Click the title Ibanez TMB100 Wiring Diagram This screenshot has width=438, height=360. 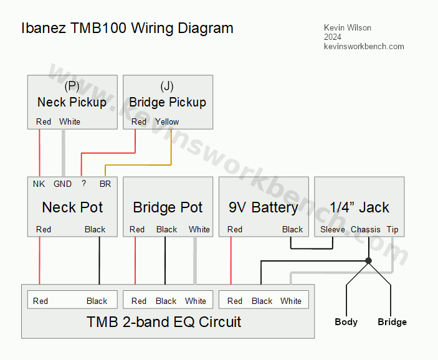tap(127, 28)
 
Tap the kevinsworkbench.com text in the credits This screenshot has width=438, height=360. tap(364, 47)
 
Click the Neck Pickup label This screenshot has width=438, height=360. tap(72, 102)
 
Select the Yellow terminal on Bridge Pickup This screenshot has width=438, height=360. tap(167, 122)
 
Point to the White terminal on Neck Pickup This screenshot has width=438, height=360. tap(70, 122)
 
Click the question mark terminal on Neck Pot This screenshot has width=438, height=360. tap(83, 184)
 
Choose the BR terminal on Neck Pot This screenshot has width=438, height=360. tap(105, 184)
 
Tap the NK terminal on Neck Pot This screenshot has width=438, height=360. tap(39, 184)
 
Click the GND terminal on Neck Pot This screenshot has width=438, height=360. tap(62, 184)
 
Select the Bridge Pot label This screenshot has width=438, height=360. tap(168, 207)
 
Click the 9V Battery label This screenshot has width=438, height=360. tap(263, 207)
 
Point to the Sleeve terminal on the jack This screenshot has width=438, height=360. tap(332, 229)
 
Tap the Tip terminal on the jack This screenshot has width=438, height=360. tap(393, 229)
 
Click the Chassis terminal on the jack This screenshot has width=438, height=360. tap(365, 229)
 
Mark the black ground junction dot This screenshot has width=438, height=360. tap(368, 260)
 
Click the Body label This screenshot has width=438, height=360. tap(346, 322)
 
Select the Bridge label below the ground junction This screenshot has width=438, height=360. tap(392, 322)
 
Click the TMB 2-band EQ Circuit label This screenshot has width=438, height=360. tap(164, 322)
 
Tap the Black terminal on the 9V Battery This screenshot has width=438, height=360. tap(292, 229)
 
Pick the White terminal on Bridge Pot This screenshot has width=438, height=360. tap(199, 229)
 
